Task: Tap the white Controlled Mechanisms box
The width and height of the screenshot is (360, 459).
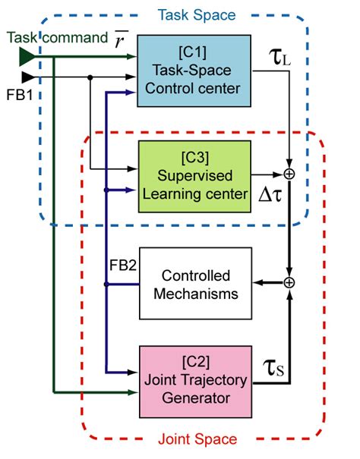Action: [195, 285]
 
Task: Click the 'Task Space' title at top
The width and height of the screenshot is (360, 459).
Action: [185, 15]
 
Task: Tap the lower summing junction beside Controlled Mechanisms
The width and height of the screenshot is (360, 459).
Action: [289, 283]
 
